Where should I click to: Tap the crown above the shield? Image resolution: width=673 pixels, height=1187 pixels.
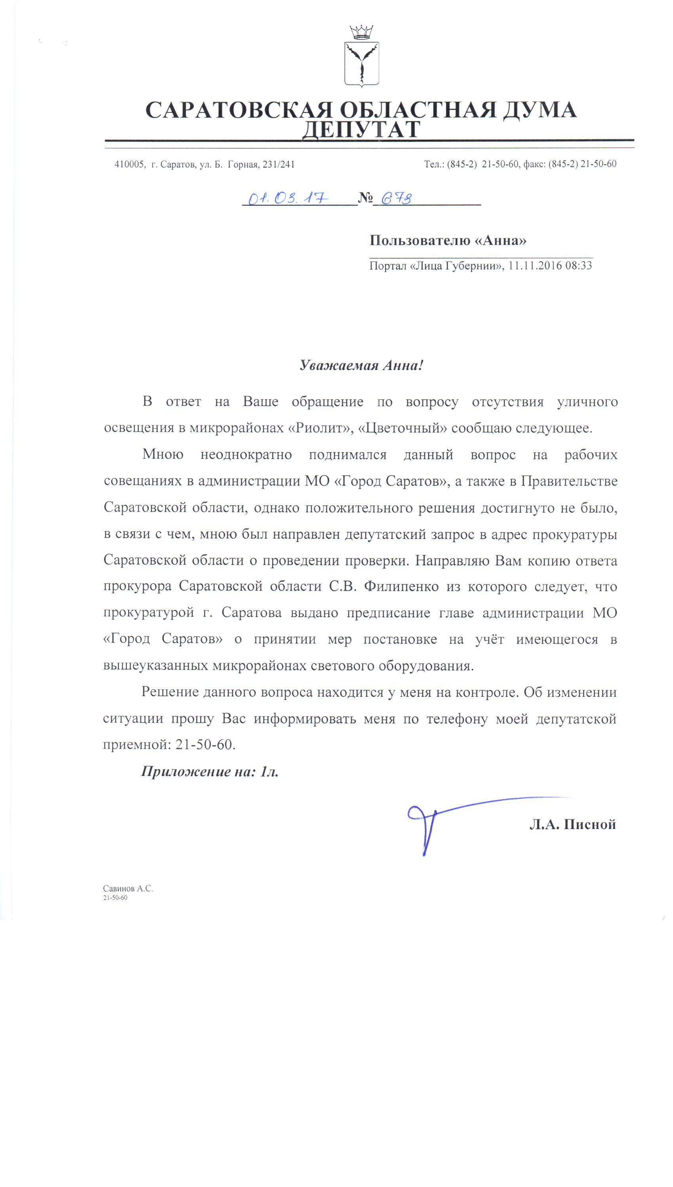pyautogui.click(x=361, y=32)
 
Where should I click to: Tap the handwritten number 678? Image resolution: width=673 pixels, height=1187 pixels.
pyautogui.click(x=396, y=198)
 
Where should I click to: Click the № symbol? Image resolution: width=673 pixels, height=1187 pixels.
pyautogui.click(x=365, y=198)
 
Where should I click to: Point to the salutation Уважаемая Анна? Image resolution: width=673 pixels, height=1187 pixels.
pyautogui.click(x=361, y=365)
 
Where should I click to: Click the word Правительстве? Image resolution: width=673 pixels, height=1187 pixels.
pyautogui.click(x=569, y=481)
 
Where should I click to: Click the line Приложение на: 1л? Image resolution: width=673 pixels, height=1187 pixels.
pyautogui.click(x=209, y=771)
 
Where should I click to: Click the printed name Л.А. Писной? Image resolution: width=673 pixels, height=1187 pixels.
pyautogui.click(x=572, y=825)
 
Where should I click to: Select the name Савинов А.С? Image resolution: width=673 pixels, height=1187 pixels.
pyautogui.click(x=128, y=889)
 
